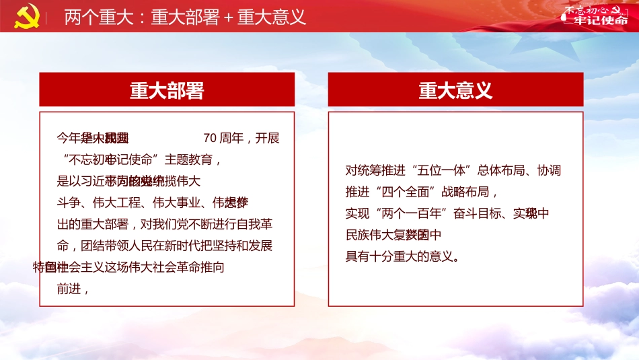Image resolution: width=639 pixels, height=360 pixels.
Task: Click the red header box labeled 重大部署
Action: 167,90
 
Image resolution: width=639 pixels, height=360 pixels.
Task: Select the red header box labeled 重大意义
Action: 455,90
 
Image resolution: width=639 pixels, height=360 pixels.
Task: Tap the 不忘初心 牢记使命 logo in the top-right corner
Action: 594,15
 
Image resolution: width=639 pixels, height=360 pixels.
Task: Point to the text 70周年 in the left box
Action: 223,139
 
